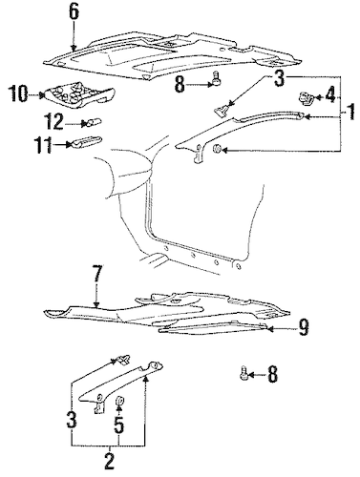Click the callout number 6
pos(74,12)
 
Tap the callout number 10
pos(19,93)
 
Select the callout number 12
pos(53,122)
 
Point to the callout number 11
pos(44,145)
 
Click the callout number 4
pos(329,95)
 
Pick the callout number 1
pos(350,112)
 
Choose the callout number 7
pos(97,276)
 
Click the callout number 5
pos(118,425)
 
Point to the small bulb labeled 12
pos(93,122)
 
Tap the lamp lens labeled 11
pos(86,142)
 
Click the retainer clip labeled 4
pos(306,98)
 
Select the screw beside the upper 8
pos(216,78)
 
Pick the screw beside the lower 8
pos(244,376)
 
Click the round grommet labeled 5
pos(120,402)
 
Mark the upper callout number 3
pos(279,78)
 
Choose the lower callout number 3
pos(72,420)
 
